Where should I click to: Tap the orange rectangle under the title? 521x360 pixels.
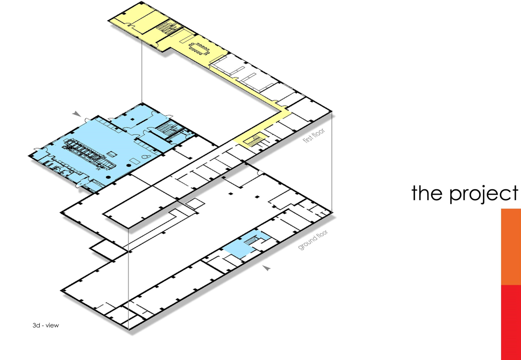tap(511, 247)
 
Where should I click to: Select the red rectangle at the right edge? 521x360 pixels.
tap(511, 322)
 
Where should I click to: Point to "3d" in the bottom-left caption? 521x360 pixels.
tap(36, 325)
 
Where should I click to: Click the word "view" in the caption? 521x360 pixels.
tap(52, 325)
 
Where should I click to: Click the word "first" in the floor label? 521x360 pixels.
tap(308, 139)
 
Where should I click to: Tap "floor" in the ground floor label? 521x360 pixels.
tap(322, 234)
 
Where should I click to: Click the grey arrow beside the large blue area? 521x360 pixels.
tap(77, 114)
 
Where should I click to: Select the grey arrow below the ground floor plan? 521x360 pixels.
tap(267, 268)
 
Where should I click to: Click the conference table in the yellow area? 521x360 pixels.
tap(199, 49)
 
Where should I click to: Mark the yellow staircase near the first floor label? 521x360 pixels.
tap(253, 140)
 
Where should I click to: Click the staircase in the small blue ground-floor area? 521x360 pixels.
tap(252, 240)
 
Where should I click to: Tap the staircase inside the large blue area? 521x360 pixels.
tap(166, 129)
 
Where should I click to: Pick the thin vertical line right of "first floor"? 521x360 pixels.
tap(332, 162)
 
